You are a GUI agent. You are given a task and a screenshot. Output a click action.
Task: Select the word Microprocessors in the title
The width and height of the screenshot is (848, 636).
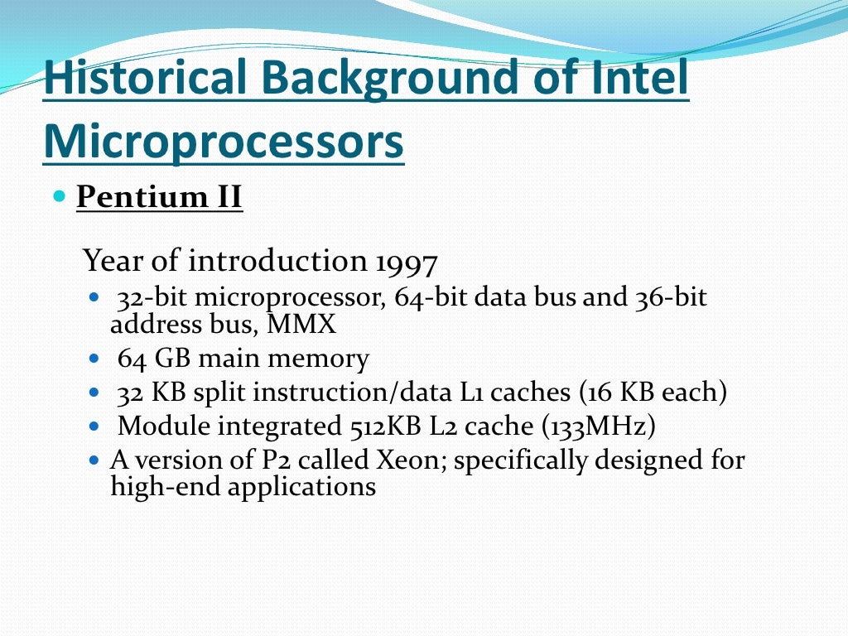(224, 140)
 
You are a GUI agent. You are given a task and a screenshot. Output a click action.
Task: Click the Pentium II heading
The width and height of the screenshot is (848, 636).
(159, 198)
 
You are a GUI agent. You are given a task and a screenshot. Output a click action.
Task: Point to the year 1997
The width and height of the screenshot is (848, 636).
(406, 263)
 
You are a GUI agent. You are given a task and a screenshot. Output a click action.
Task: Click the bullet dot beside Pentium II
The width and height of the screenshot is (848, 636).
(58, 197)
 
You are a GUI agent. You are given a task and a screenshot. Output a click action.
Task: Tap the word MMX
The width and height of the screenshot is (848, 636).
(301, 325)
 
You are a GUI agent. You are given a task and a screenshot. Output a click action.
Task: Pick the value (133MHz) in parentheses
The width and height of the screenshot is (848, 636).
(599, 426)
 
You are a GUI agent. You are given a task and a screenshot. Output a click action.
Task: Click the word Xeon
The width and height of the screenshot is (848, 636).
(406, 460)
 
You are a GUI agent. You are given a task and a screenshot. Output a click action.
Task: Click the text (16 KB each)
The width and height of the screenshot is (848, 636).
(653, 393)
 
